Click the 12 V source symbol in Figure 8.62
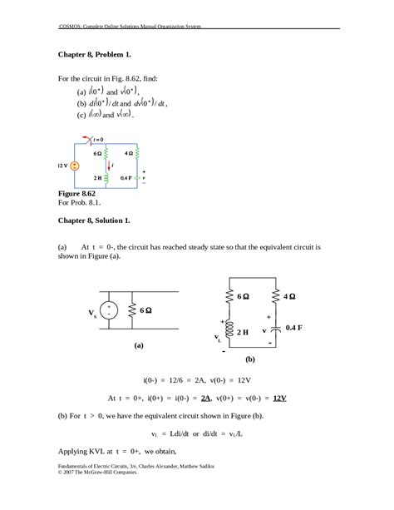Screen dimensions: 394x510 click(x=76, y=166)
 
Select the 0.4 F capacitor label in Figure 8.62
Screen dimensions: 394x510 click(x=126, y=178)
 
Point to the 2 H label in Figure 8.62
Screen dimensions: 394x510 click(x=96, y=178)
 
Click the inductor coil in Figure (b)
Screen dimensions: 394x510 click(x=230, y=330)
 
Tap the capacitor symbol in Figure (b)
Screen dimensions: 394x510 click(x=270, y=330)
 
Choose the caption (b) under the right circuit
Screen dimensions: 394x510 click(x=249, y=361)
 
